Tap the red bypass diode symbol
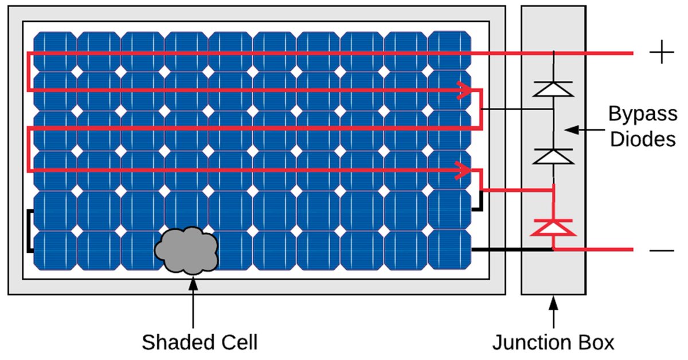click(553, 228)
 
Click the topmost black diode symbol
click(553, 88)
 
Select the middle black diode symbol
click(553, 155)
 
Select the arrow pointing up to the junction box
click(553, 312)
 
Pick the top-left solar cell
click(54, 51)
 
